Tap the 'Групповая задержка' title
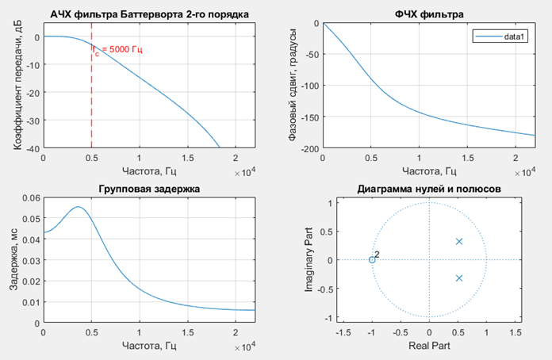(x=148, y=189)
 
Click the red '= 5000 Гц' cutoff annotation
(x=121, y=50)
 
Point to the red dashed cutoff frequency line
(x=91, y=95)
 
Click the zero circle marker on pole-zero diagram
(x=372, y=260)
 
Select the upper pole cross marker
(x=458, y=241)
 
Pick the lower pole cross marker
(x=458, y=278)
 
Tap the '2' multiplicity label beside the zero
(x=378, y=254)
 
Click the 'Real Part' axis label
(x=428, y=347)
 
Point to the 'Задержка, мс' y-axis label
(x=13, y=260)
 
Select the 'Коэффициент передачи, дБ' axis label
(x=13, y=86)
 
